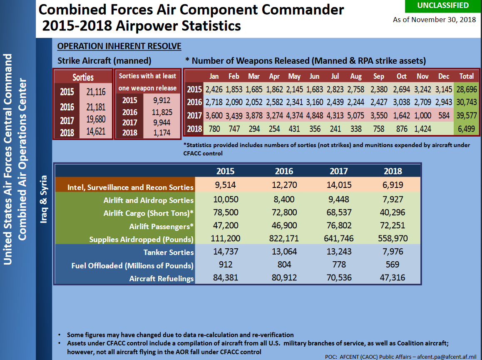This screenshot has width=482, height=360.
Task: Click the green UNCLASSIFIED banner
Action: [x=443, y=6]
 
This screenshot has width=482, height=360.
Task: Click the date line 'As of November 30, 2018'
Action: [x=435, y=20]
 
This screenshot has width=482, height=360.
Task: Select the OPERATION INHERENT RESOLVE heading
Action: [x=119, y=46]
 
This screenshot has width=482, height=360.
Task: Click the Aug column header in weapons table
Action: [x=356, y=76]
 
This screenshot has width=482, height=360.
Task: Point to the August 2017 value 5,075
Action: [x=356, y=115]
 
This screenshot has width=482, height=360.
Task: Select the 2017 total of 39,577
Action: [x=466, y=115]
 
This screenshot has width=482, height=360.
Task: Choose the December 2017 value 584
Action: [x=443, y=115]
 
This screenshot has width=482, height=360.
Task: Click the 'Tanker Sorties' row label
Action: [x=169, y=252]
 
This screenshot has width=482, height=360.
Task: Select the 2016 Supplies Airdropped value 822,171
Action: [x=284, y=239]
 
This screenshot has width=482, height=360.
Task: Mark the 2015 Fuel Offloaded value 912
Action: [x=225, y=265]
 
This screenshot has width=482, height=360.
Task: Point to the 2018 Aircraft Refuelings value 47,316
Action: [x=393, y=277]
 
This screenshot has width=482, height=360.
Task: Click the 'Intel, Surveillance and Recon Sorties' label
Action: [x=130, y=187]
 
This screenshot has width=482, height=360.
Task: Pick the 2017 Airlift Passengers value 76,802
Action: [x=338, y=226]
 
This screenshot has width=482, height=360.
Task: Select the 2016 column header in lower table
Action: [x=284, y=171]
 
